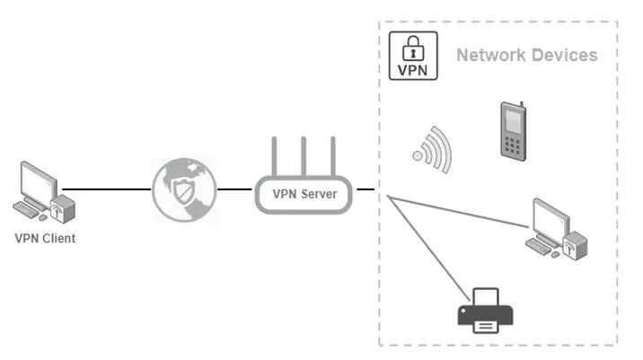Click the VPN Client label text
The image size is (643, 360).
[45, 238]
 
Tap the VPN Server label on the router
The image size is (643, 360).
[304, 194]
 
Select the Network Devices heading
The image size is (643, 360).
[527, 55]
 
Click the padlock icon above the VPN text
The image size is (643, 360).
[413, 48]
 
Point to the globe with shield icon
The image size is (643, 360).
[184, 189]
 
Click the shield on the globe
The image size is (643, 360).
[183, 191]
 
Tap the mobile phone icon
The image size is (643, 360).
[513, 131]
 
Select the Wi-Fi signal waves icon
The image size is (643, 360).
[433, 150]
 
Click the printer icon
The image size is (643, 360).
[486, 311]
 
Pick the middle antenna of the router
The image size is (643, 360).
[304, 156]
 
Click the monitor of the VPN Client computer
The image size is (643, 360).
[39, 182]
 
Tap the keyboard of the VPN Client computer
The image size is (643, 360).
[26, 209]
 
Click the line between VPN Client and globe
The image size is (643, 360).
[107, 189]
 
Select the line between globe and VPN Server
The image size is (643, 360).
[234, 189]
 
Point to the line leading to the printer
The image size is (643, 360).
[429, 249]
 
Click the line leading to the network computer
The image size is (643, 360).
[458, 212]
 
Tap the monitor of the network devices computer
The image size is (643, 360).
[551, 220]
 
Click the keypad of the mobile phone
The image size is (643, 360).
[512, 146]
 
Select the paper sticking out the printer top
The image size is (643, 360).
[486, 297]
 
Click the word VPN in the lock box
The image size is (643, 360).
[412, 70]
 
